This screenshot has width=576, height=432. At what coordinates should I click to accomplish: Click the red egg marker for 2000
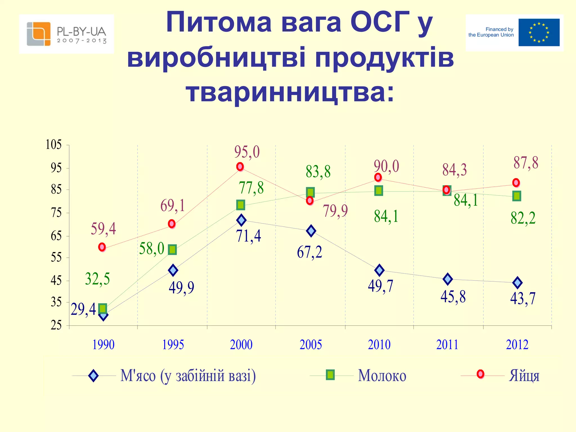(x=240, y=167)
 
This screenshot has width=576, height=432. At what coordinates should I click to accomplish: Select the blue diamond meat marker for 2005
(x=311, y=231)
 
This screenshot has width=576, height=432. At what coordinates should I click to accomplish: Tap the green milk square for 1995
(x=172, y=249)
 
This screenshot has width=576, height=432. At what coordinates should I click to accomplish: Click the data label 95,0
(x=247, y=152)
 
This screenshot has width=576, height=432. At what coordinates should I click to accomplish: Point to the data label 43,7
(x=523, y=299)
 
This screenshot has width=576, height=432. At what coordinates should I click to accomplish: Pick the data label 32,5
(x=97, y=279)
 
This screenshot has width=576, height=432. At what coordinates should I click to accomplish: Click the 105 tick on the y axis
(x=53, y=145)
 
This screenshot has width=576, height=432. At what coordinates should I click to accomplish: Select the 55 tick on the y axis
(x=56, y=257)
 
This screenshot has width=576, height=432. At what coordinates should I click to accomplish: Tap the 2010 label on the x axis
(x=379, y=345)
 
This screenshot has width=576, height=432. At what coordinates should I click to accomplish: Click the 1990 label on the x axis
(x=103, y=345)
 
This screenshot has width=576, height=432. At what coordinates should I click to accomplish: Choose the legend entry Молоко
(x=382, y=376)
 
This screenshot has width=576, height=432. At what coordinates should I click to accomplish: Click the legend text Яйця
(x=524, y=376)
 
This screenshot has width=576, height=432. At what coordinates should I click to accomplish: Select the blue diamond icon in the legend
(x=93, y=376)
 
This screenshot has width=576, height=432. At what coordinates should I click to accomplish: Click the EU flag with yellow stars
(x=539, y=33)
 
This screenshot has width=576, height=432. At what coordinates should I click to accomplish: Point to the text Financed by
(x=499, y=29)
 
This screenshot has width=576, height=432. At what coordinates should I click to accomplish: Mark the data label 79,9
(x=335, y=211)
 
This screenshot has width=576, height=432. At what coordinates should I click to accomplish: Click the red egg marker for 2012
(x=516, y=183)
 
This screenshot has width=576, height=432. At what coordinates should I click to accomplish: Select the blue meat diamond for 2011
(x=447, y=279)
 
